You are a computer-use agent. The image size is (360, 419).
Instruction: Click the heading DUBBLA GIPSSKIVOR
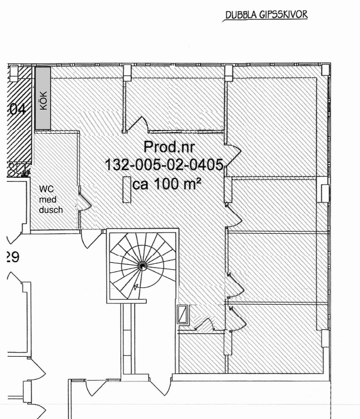267,15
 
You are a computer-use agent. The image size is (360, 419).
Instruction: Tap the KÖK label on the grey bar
44,100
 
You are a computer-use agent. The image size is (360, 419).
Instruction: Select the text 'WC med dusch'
51,199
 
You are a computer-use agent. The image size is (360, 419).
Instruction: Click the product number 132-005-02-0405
164,165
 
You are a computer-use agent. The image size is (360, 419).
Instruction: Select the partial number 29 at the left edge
12,257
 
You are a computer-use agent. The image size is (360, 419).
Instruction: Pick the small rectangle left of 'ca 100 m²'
126,190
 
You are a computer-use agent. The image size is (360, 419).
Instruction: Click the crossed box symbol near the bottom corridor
183,315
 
